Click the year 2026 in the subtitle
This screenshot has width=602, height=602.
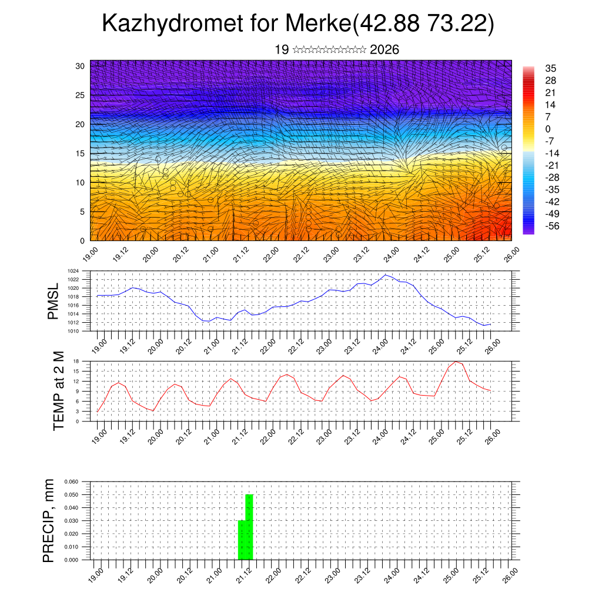(384, 49)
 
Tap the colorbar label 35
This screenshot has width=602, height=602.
(551, 68)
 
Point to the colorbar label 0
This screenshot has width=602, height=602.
(548, 129)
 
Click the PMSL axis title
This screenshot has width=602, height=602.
(53, 301)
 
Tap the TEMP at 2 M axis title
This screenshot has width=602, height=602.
(59, 390)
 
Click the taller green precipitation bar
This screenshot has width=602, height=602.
(249, 527)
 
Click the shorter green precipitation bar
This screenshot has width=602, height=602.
(242, 540)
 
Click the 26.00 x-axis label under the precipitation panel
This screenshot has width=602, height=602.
(510, 573)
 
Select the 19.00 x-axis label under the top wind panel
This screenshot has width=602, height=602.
(89, 253)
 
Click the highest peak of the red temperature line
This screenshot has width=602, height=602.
(456, 362)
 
